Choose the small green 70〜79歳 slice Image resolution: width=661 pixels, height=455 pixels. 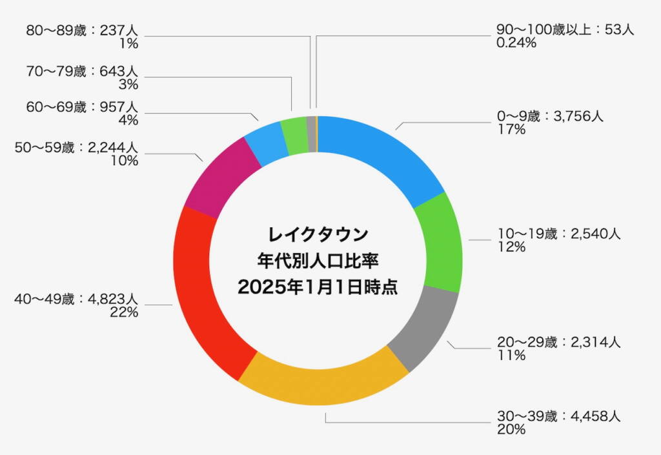point(294,136)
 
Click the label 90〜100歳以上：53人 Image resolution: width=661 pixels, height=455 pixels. point(565,30)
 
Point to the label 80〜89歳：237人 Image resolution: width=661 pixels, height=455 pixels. point(86,30)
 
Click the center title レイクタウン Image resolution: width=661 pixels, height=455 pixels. point(318,232)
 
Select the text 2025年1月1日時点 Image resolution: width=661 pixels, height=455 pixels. point(318,287)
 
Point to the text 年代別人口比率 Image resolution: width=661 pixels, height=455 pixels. point(318,260)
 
